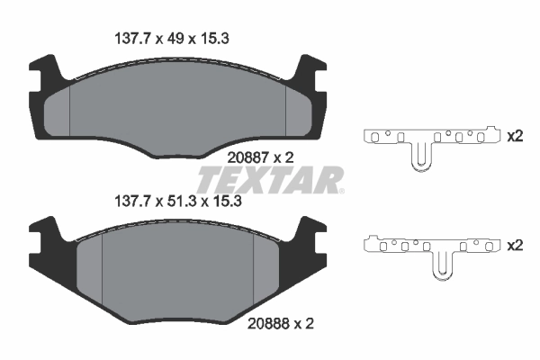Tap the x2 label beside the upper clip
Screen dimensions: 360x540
pyautogui.click(x=515, y=137)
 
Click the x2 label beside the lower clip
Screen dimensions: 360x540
pyautogui.click(x=515, y=245)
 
